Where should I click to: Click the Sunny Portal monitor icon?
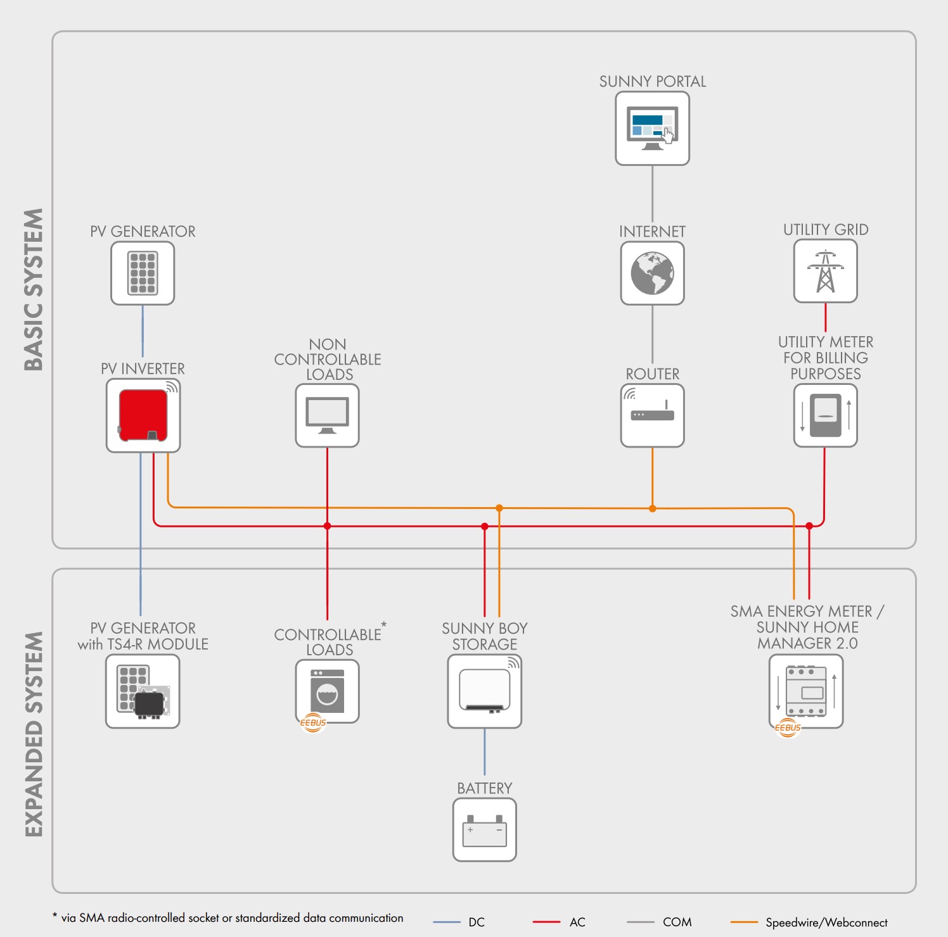tap(652, 129)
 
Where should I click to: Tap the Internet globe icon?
tap(652, 273)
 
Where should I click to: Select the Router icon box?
tap(652, 415)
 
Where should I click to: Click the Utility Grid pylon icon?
tap(825, 272)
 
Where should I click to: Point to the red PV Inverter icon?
tap(143, 415)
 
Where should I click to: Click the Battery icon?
tap(485, 829)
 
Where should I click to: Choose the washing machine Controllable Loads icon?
tap(328, 691)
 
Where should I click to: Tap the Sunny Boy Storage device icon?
tap(485, 691)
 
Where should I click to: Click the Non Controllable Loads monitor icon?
tap(328, 415)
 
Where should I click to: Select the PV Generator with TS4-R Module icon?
tap(143, 691)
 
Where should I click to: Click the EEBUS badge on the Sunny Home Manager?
tap(788, 727)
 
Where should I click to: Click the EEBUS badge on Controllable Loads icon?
tap(313, 722)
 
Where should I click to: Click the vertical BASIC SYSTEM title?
tap(34, 289)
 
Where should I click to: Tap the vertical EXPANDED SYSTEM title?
tap(34, 734)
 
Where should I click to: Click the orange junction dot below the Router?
tap(652, 508)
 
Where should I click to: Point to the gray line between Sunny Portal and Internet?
tap(652, 193)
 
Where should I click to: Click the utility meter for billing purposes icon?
tap(825, 415)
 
